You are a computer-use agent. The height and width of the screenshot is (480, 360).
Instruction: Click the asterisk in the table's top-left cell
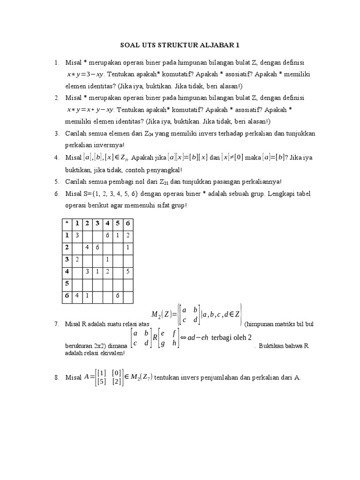[x=67, y=223]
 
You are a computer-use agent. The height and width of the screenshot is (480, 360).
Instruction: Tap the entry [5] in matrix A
[x=100, y=382]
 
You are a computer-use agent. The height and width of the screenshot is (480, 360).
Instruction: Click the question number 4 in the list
[x=56, y=158]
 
